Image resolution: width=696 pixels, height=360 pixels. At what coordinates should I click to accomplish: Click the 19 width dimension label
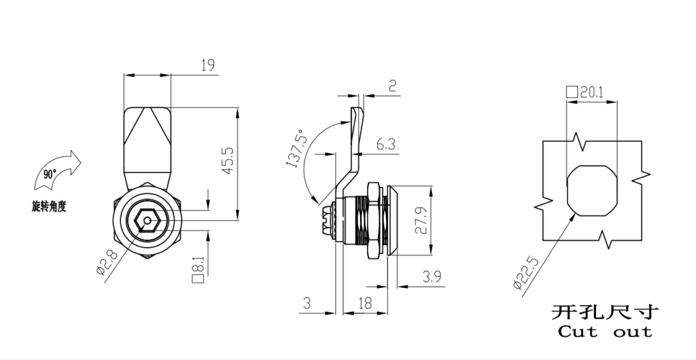[208, 65]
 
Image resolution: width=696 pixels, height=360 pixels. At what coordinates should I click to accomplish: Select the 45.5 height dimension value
[228, 160]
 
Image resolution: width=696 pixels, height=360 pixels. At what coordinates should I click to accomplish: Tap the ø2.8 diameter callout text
[107, 262]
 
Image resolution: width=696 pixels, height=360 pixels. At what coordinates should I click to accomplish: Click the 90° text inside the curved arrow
[50, 174]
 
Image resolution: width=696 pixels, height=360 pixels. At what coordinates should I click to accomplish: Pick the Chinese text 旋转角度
[49, 206]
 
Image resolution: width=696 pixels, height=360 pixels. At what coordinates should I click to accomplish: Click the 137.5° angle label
[296, 149]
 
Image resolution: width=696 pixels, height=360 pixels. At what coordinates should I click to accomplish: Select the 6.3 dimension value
[386, 144]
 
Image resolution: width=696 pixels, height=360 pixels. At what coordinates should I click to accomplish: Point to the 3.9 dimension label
[432, 276]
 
